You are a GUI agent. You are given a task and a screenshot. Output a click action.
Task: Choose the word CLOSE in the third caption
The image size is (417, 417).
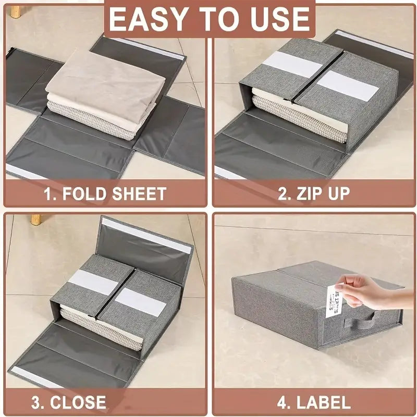(x=78, y=402)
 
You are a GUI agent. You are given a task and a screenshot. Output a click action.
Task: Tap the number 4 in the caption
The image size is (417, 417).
(x=283, y=402)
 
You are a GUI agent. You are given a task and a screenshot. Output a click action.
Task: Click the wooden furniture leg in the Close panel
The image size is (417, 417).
(x=35, y=219)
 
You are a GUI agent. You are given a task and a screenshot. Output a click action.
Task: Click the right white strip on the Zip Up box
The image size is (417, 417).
(x=347, y=85)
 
